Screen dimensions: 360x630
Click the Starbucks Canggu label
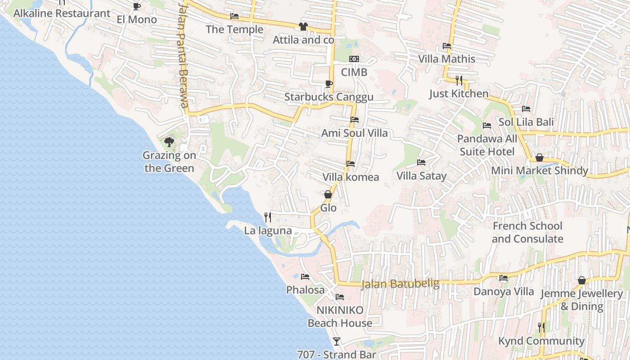tap(328, 97)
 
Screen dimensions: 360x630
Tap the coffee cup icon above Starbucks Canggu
tap(328, 84)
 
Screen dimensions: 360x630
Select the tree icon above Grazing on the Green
tap(169, 142)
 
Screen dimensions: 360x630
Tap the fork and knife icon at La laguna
tap(268, 217)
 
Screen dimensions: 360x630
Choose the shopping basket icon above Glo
tap(328, 194)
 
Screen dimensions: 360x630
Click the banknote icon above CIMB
tap(354, 59)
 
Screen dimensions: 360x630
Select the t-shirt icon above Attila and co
tap(303, 27)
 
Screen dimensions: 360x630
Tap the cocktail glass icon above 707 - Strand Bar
tap(336, 341)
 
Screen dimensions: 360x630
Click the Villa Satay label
tap(421, 176)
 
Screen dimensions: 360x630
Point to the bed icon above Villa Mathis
tap(447, 45)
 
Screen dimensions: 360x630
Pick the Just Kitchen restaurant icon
tap(459, 81)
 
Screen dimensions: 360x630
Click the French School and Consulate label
tap(527, 232)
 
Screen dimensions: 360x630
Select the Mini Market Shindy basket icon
tap(539, 157)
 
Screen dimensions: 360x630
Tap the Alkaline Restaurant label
tap(62, 13)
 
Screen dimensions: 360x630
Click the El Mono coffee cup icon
tap(136, 6)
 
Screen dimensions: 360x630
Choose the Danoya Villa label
tap(504, 292)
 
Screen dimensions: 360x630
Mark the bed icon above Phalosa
tap(305, 276)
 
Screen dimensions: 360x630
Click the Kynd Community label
tap(541, 341)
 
